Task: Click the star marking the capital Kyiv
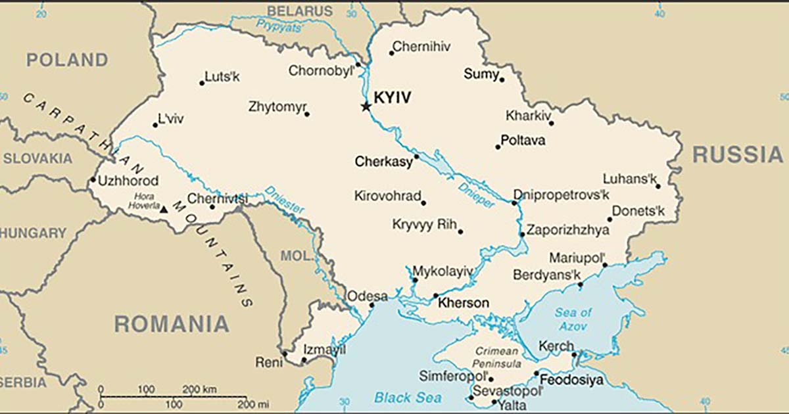coord(366,106)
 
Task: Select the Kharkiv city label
coord(528,116)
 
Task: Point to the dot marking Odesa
coord(371,305)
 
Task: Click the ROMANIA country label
coord(172,324)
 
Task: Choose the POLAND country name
coord(66,60)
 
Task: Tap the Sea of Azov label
coord(573,319)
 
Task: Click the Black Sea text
coord(408,398)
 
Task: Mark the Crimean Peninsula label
coord(498,357)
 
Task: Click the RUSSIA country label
coord(738,155)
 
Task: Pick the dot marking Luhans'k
coord(658,186)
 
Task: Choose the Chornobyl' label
coord(321,70)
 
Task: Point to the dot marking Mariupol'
coord(605,265)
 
